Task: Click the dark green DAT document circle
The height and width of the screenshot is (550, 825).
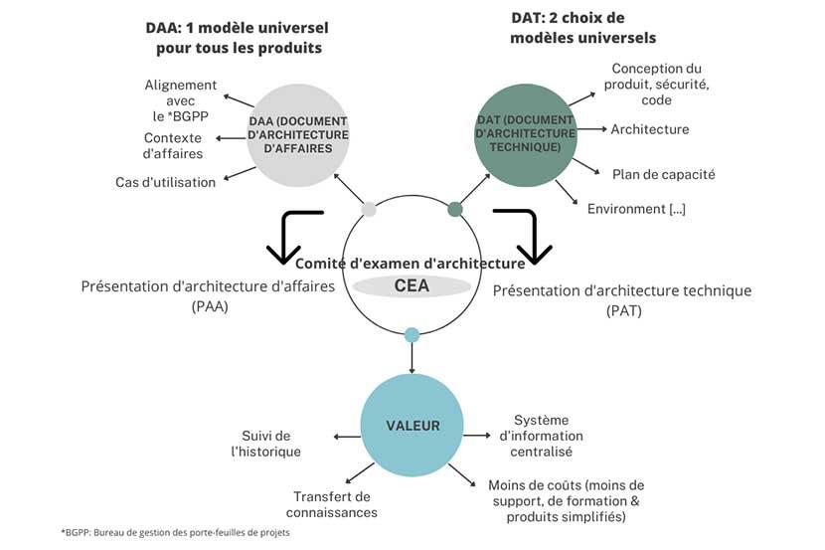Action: point(525,132)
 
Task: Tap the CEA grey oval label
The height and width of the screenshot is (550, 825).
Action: point(412,286)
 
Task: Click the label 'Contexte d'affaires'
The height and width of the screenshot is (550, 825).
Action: point(173,145)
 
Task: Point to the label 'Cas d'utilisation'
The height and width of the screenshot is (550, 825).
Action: point(165,181)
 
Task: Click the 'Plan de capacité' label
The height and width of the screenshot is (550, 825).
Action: point(663,174)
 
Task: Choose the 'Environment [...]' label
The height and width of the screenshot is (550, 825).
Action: point(636,209)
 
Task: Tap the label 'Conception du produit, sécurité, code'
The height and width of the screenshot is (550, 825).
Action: point(656,84)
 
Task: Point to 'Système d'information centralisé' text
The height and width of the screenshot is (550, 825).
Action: point(541,436)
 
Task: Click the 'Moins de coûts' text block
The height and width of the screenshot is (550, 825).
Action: point(567,500)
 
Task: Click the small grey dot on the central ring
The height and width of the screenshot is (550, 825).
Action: point(369,210)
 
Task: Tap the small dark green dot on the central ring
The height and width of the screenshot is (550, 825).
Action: point(455,209)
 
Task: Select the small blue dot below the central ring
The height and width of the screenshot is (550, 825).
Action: point(412,335)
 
